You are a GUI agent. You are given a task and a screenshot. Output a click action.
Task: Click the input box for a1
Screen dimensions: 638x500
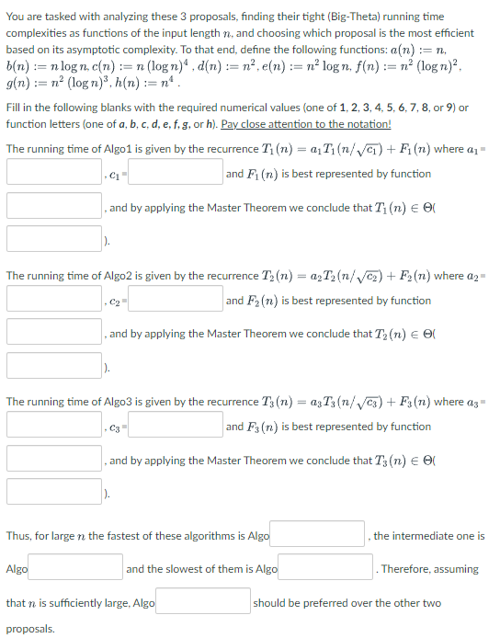click(53, 172)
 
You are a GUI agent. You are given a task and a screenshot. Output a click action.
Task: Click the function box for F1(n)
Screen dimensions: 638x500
click(53, 205)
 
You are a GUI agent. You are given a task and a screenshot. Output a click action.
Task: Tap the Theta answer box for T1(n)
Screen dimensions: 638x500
click(53, 238)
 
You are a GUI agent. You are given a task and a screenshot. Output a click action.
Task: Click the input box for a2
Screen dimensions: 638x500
click(53, 299)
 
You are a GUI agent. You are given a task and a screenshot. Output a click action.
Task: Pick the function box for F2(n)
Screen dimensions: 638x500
click(53, 331)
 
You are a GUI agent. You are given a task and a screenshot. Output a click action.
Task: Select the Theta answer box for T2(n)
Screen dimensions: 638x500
click(53, 365)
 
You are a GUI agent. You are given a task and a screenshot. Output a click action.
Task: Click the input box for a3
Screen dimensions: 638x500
click(53, 425)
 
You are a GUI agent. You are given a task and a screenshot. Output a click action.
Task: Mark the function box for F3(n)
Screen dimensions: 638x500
click(53, 458)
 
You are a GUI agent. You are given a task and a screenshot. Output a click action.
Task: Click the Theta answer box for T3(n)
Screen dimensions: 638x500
click(53, 491)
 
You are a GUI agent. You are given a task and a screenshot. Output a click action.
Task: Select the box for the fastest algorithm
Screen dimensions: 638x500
click(319, 534)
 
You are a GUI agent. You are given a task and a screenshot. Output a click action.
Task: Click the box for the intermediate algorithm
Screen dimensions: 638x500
click(76, 567)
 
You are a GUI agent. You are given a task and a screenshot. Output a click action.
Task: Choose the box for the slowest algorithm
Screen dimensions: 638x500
click(327, 567)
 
